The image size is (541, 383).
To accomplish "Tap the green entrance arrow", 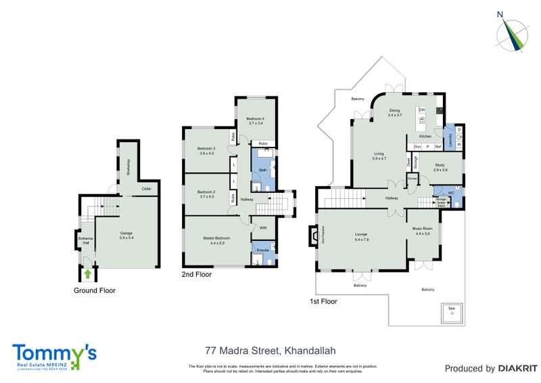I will point(87,273).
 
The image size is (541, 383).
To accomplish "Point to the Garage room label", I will point(126,233).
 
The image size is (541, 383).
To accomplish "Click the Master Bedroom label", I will point(217,238).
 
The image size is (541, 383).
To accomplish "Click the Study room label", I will point(439,164).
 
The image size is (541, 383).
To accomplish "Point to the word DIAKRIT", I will point(517,369).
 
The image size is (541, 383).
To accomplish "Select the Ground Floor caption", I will point(94,290).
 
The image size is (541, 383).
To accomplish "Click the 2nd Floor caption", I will point(196,275).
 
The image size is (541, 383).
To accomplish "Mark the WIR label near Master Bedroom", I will point(263,228).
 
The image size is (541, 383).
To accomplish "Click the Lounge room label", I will point(361,236).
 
